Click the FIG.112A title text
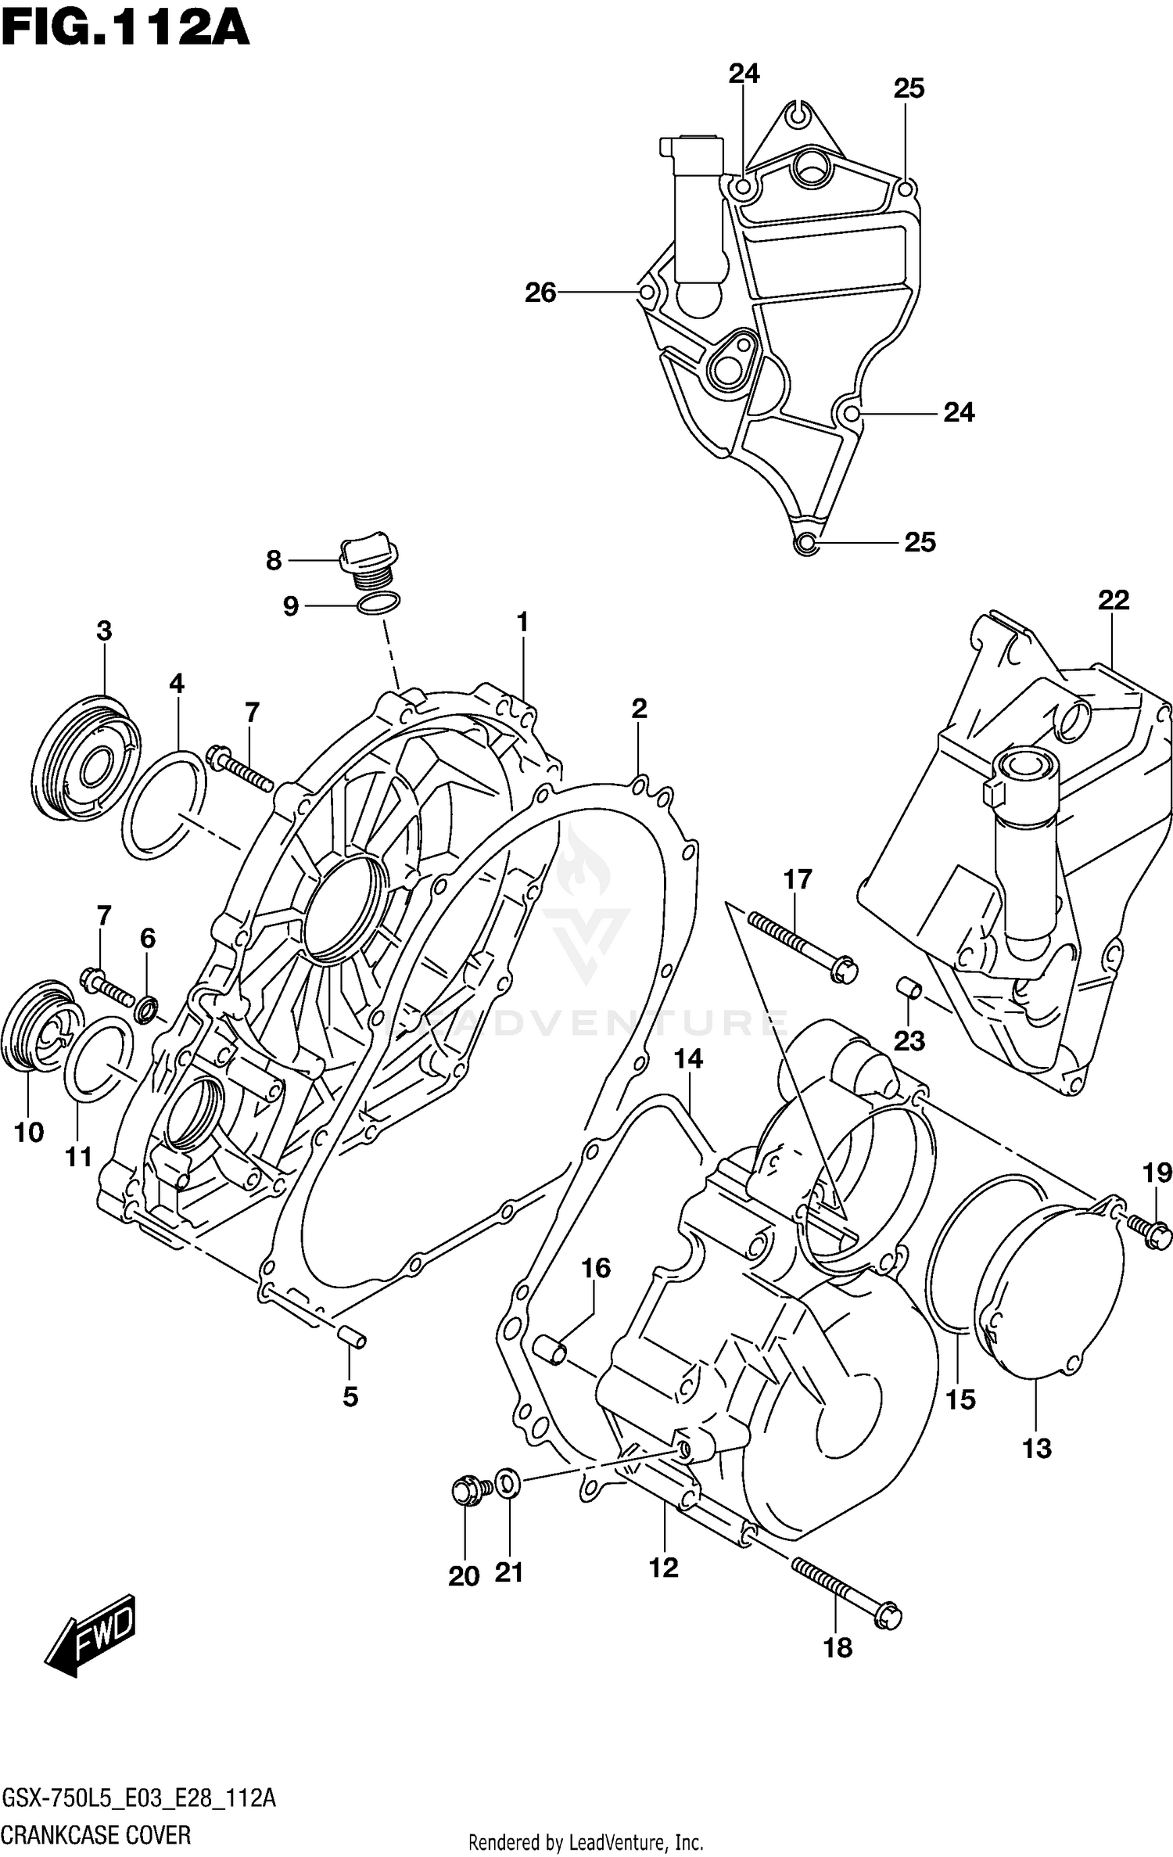125,30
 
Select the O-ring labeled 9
378,603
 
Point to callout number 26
540,293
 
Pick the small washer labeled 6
146,1010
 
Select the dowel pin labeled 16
550,1350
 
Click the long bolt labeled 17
802,946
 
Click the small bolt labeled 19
1148,1233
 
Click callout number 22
1113,600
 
